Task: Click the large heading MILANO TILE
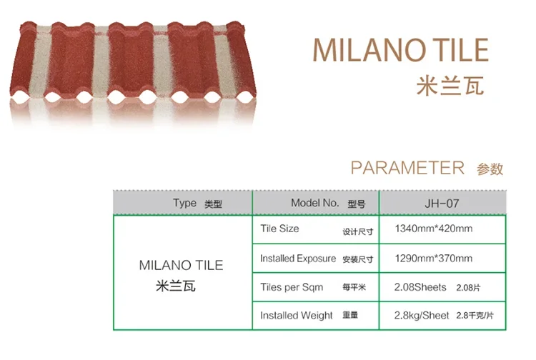(x=400, y=51)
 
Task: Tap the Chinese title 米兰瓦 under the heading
(x=450, y=85)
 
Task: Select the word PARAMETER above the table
(x=407, y=168)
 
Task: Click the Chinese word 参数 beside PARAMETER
(x=490, y=169)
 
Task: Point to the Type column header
(x=184, y=203)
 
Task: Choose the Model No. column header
(x=314, y=203)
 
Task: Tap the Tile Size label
(x=279, y=229)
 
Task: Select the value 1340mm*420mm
(x=434, y=229)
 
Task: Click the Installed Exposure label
(x=297, y=259)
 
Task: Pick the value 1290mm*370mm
(x=434, y=259)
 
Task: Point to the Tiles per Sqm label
(x=292, y=287)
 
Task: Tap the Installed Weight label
(x=297, y=315)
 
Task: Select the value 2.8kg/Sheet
(x=422, y=315)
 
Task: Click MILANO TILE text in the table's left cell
(x=181, y=265)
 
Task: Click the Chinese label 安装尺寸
(x=358, y=259)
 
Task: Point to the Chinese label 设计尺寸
(x=358, y=231)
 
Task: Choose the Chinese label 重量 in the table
(x=351, y=316)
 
